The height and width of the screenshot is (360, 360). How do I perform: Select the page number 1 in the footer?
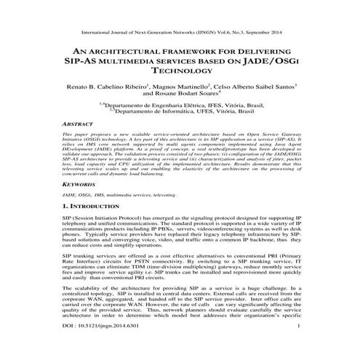[299, 347]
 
